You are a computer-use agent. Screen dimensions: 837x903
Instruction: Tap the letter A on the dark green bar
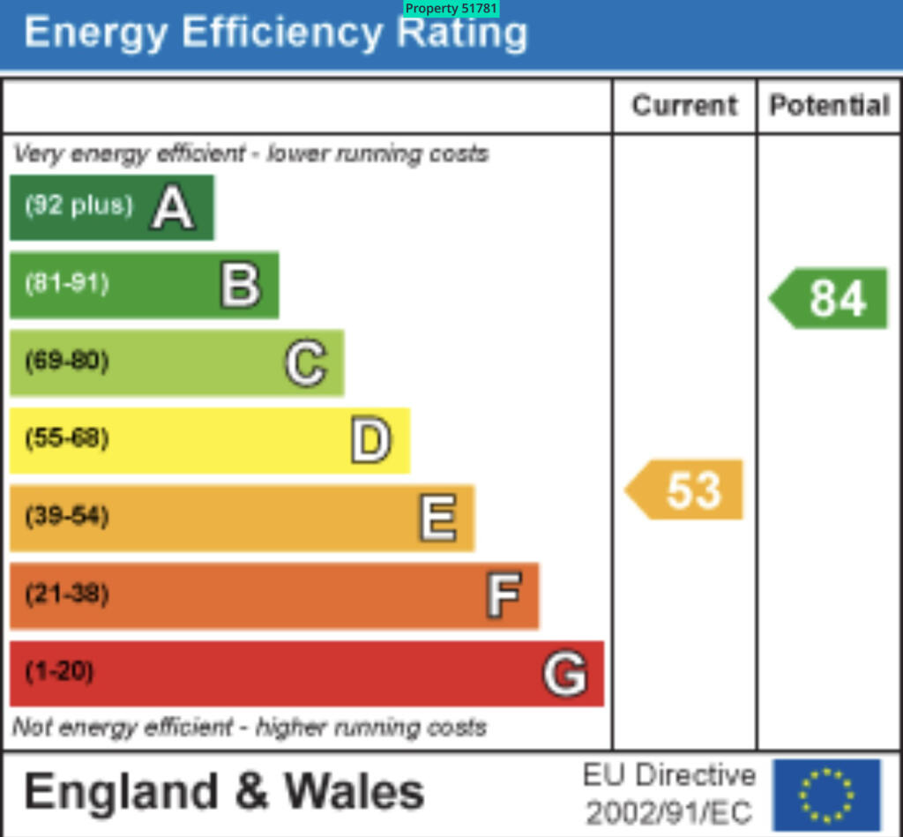[x=172, y=209]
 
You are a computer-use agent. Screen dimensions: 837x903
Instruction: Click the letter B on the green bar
[x=240, y=286]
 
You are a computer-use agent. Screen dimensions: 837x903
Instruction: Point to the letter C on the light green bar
[x=306, y=363]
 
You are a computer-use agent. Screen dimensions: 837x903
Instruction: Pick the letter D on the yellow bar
[x=370, y=441]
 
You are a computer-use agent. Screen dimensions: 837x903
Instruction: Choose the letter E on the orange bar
[x=437, y=518]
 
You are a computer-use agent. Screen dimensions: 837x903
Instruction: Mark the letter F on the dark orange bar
[x=504, y=595]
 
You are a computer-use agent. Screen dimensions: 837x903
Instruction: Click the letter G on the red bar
[x=564, y=674]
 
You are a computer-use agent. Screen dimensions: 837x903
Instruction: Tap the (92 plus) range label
[x=78, y=206]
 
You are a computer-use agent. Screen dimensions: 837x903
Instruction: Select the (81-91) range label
[x=67, y=284]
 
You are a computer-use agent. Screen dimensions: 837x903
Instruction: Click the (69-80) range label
[x=67, y=361]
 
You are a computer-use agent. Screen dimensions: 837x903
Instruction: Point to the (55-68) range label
[x=67, y=438]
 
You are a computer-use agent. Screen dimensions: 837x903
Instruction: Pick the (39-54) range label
[x=67, y=516]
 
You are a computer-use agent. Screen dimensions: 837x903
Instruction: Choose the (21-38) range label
[x=67, y=594]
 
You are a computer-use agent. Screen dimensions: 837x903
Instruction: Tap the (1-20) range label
[x=59, y=672]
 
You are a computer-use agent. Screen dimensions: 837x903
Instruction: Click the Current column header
[x=684, y=106]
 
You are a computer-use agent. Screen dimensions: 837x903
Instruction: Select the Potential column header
[x=829, y=106]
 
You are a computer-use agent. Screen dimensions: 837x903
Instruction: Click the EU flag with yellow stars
[x=826, y=795]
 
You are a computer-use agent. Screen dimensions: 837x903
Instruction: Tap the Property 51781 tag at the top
[x=451, y=9]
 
